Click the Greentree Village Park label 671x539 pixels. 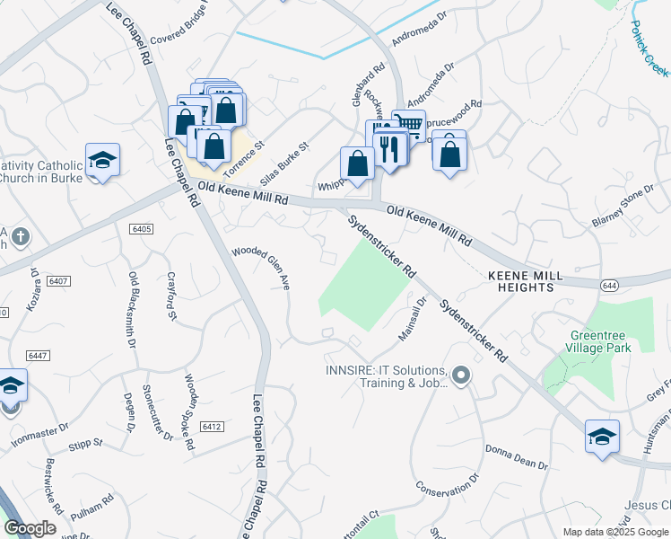(599, 341)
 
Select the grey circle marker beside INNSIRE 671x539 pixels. (461, 375)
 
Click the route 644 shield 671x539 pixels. (608, 285)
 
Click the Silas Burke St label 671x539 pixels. (291, 157)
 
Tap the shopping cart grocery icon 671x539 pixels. (409, 124)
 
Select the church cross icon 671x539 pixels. (20, 238)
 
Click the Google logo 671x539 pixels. (30, 528)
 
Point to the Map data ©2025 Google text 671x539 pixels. (614, 532)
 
